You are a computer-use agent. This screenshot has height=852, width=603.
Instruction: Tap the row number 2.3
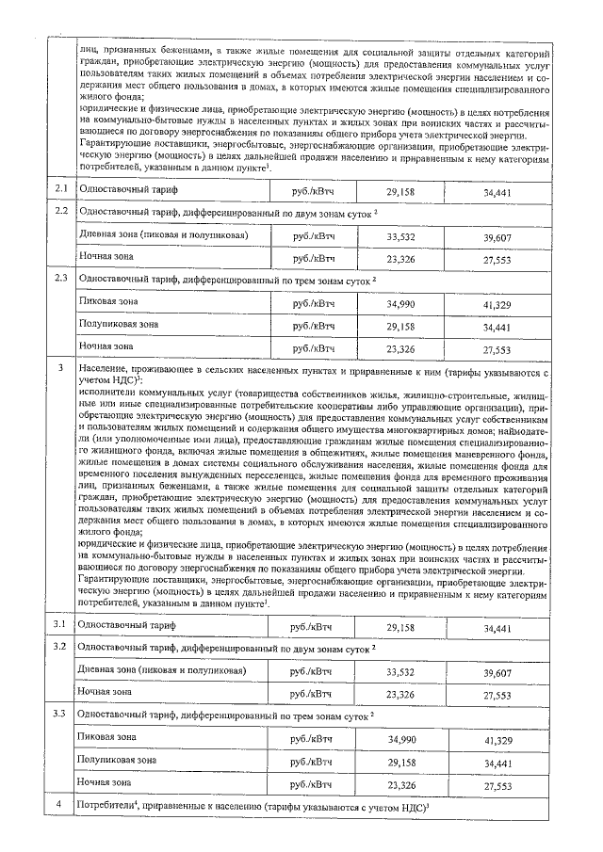(x=60, y=279)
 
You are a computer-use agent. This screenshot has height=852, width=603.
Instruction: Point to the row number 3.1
(x=60, y=626)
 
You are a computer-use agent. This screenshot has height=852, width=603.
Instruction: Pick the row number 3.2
(x=60, y=647)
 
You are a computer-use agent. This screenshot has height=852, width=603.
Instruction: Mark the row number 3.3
(x=60, y=715)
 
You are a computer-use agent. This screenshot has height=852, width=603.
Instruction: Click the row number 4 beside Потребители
(x=59, y=805)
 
